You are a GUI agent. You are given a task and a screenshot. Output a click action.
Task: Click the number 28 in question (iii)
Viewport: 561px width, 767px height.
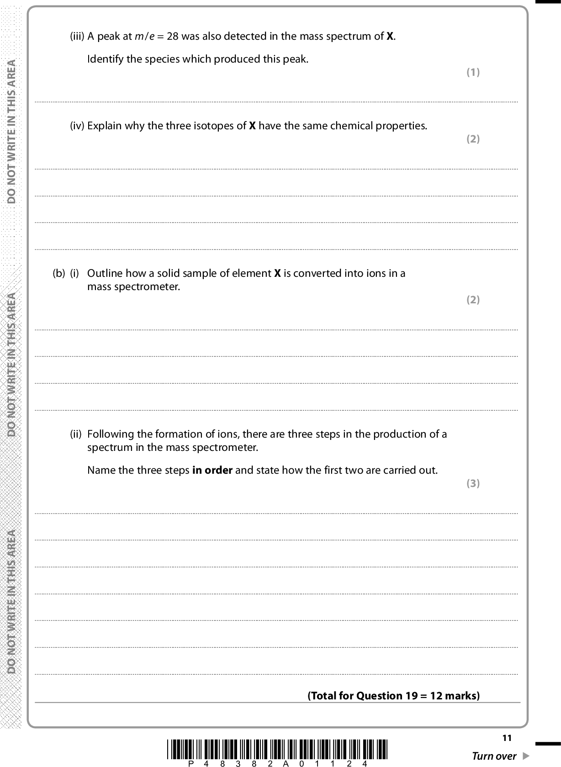pos(172,37)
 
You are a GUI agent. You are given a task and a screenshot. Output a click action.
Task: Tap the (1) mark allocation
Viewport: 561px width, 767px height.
pos(473,72)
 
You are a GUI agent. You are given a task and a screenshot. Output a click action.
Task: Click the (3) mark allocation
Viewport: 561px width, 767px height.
pos(473,483)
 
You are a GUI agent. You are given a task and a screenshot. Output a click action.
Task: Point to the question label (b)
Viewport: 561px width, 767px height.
pos(59,274)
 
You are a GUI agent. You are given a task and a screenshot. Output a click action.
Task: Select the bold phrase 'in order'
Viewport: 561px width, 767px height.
pos(212,470)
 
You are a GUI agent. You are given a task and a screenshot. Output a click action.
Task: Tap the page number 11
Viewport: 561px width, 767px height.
pos(507,738)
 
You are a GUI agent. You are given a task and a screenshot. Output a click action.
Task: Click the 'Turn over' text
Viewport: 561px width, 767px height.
pos(494,756)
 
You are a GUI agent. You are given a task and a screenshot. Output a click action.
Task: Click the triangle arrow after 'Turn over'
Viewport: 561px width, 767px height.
pos(525,756)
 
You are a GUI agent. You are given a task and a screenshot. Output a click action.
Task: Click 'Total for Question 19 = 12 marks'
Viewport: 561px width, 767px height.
pos(394,696)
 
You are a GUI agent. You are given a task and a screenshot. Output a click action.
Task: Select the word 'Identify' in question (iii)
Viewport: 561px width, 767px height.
pos(105,59)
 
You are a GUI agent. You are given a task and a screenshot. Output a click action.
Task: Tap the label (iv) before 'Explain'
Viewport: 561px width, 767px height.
pos(77,126)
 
